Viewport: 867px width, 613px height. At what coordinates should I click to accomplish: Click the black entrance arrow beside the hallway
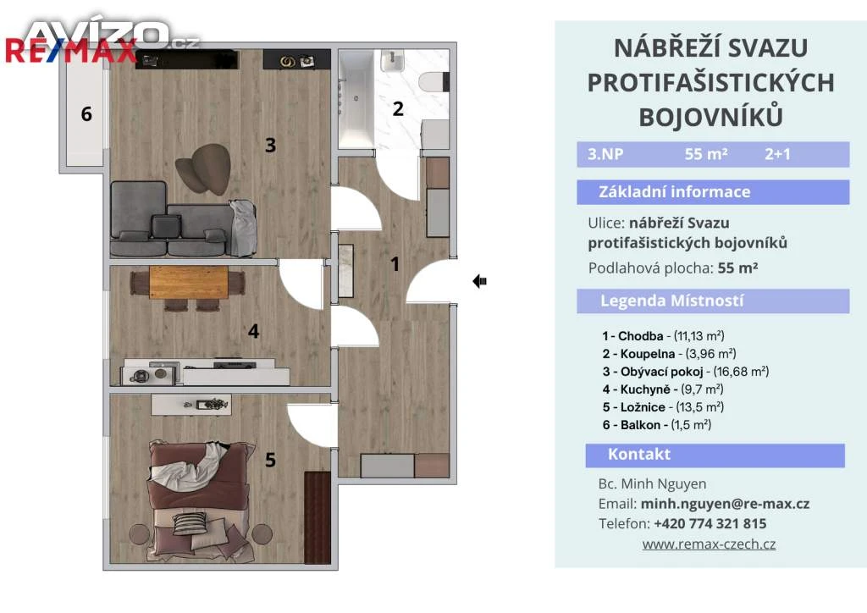pos(479,281)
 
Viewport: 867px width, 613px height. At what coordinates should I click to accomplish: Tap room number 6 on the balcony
pos(86,113)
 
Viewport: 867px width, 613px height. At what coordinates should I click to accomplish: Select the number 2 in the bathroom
pos(398,109)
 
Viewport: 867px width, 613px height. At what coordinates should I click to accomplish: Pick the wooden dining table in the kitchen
pos(189,283)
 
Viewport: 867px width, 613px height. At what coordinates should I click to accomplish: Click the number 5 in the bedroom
pos(270,460)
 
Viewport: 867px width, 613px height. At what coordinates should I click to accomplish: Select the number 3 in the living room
pos(270,145)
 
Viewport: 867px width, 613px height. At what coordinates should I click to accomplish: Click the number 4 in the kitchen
pos(253,331)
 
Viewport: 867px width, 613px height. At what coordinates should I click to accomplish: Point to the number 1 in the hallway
pos(395,263)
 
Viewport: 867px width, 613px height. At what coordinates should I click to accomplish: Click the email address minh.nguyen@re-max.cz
pos(725,504)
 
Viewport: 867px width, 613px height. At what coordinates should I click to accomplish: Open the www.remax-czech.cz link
pos(709,544)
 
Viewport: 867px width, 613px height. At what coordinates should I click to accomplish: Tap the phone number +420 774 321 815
pos(710,523)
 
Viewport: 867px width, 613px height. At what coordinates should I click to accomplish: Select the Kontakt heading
pos(639,455)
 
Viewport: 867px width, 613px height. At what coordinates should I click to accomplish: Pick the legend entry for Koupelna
pos(669,354)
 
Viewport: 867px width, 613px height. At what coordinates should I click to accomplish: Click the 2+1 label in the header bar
pos(777,153)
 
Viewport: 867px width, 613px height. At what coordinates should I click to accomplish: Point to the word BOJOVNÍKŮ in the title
pos(710,117)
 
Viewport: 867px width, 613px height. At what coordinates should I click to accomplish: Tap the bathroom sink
pos(392,60)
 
